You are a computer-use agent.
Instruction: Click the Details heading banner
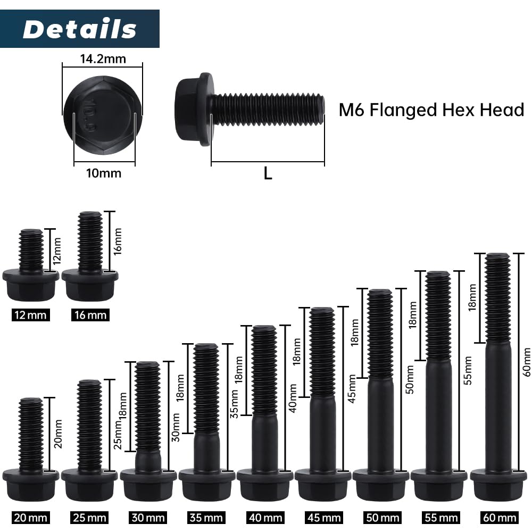click(x=79, y=29)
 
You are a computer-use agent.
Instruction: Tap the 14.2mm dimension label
click(x=103, y=59)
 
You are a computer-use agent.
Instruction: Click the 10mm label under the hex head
click(x=104, y=173)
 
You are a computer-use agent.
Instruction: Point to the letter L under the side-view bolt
click(x=268, y=173)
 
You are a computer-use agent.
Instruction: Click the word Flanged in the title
click(x=403, y=110)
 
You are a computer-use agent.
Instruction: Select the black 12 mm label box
click(x=30, y=315)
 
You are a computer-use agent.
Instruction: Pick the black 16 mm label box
click(x=90, y=315)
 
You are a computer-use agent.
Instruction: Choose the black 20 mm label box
click(x=30, y=518)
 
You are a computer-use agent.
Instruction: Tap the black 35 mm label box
click(x=205, y=518)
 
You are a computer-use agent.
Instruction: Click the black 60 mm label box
click(x=500, y=518)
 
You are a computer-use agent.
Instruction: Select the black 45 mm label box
click(x=323, y=518)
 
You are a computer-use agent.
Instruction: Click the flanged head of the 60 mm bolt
click(x=498, y=485)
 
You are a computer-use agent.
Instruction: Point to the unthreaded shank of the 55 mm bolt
click(x=438, y=414)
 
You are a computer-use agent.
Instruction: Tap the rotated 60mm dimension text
click(x=527, y=362)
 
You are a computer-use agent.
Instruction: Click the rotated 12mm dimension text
click(x=57, y=251)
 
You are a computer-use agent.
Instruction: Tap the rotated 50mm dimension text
click(x=410, y=379)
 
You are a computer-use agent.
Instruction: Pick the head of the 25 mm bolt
click(x=89, y=485)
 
